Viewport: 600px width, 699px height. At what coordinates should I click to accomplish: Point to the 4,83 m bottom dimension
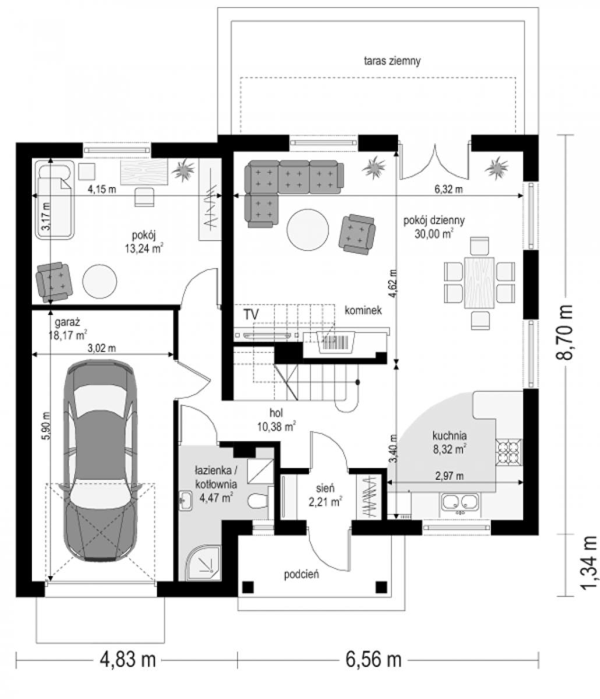[127, 659]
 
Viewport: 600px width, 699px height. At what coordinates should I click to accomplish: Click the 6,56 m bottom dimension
[373, 659]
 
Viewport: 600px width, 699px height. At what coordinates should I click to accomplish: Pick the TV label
[251, 315]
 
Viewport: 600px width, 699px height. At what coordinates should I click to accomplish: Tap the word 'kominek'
[363, 310]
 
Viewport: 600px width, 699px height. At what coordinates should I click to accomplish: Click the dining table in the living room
[479, 283]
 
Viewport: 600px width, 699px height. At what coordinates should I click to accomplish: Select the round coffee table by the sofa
[308, 230]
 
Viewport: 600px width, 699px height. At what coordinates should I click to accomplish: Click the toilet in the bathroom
[257, 501]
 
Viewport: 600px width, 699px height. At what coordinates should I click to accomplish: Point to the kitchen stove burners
[509, 453]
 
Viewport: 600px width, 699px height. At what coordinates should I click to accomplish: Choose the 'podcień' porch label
[301, 574]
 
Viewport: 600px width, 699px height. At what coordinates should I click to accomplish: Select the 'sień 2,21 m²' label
[325, 495]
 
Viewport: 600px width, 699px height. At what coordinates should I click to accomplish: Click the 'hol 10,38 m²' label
[276, 419]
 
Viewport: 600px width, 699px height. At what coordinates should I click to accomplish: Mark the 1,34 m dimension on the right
[589, 563]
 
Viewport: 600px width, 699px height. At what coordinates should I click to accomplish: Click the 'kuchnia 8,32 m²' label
[450, 442]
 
